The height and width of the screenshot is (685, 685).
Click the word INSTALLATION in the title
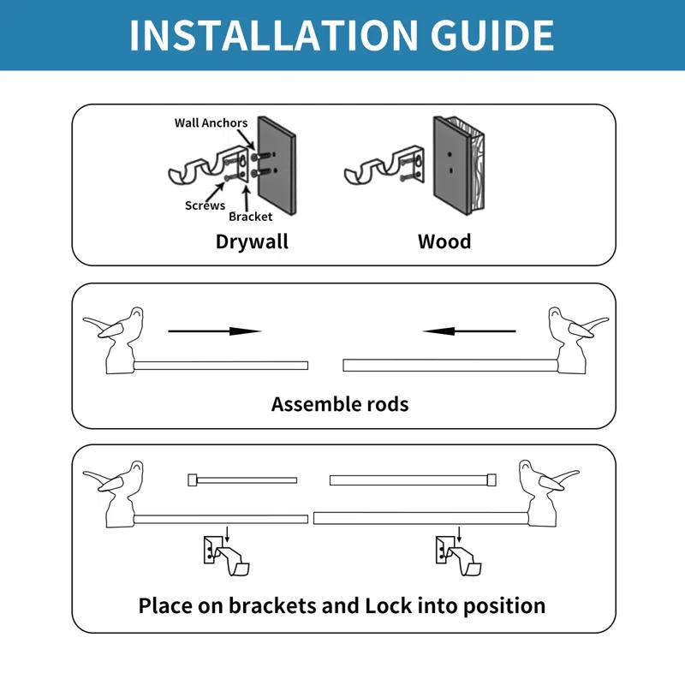pos(266,35)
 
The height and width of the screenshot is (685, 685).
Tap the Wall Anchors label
pos(211,122)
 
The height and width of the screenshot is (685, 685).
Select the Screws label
pos(205,205)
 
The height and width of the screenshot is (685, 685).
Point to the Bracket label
pos(250,217)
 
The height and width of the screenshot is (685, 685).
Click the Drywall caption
pos(252,241)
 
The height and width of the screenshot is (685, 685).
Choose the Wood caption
pos(444,241)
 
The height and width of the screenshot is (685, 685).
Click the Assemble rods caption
pos(340,403)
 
